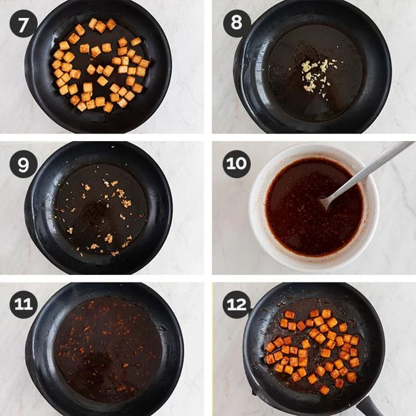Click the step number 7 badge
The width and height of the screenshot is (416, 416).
point(23,24)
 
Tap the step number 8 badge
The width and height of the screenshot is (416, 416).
point(237,23)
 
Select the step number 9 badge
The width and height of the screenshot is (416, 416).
point(23,164)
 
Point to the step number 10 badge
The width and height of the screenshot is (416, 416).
point(237,164)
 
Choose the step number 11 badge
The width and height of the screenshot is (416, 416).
point(23,304)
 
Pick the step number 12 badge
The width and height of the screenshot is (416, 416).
point(237,304)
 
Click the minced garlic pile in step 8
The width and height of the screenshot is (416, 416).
point(317,75)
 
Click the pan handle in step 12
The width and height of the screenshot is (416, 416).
point(370,406)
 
